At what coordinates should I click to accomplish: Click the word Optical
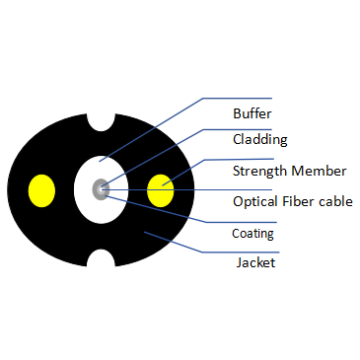click(x=255, y=201)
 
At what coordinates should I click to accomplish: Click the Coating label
click(x=252, y=235)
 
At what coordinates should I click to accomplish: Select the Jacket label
click(x=254, y=262)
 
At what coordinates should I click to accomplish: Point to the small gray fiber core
click(x=100, y=187)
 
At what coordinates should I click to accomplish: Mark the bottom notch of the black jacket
click(x=101, y=259)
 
